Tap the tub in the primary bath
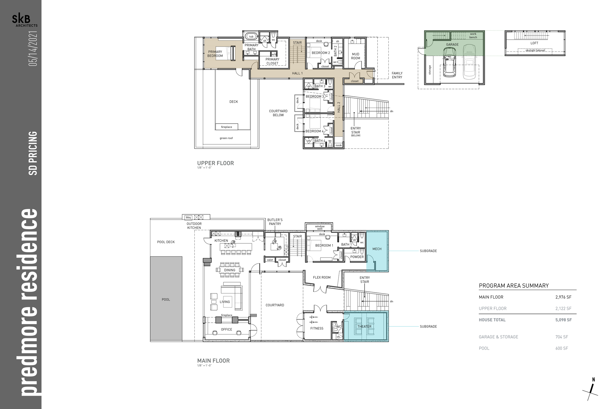click(x=251, y=37)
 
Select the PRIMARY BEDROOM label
click(x=215, y=54)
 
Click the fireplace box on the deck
click(x=227, y=127)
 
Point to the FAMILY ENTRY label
click(x=397, y=75)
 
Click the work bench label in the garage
click(x=473, y=36)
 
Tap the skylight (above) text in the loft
click(x=535, y=50)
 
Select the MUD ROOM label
click(x=356, y=56)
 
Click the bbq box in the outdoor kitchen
click(x=188, y=217)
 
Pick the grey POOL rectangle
click(x=166, y=299)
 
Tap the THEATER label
click(x=364, y=326)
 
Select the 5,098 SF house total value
click(x=563, y=320)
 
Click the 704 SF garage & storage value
click(x=562, y=337)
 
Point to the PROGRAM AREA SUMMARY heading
click(x=514, y=286)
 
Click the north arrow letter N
click(x=593, y=380)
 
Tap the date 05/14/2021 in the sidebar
click(x=33, y=49)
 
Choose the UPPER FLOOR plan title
click(x=216, y=163)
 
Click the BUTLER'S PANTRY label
click(x=275, y=222)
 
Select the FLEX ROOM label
click(x=322, y=277)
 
